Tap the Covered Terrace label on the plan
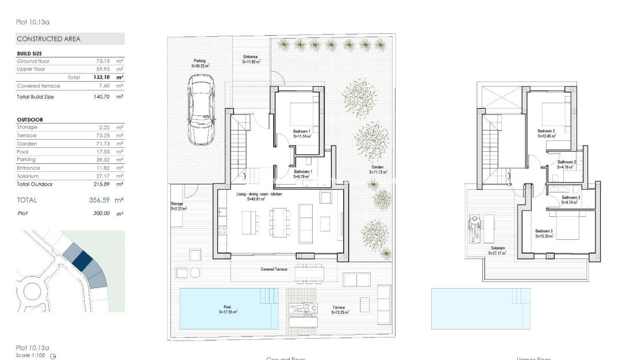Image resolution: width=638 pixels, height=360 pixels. [274, 269]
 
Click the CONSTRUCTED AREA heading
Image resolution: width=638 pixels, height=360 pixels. [49, 39]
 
